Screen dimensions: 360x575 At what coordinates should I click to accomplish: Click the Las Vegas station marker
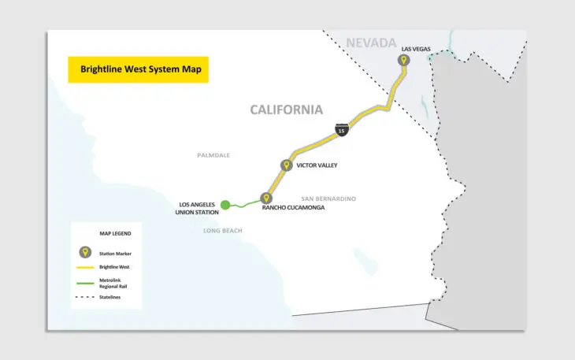click(x=404, y=61)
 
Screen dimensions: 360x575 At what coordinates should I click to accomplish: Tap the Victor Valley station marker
click(x=286, y=165)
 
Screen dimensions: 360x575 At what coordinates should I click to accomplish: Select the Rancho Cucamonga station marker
click(x=266, y=199)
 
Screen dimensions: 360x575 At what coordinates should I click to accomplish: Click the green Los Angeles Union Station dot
click(x=225, y=205)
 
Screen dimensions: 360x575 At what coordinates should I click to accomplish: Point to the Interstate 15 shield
click(x=341, y=130)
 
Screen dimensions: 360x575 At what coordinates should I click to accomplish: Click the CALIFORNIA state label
click(x=287, y=109)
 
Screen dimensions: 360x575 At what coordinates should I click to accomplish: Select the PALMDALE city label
click(x=213, y=155)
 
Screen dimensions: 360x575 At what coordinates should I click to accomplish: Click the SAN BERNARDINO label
click(x=329, y=199)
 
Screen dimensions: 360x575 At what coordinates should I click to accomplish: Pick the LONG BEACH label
click(x=223, y=231)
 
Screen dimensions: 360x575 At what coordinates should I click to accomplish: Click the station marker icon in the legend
click(x=84, y=253)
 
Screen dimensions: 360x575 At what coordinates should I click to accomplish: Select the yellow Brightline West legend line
click(x=84, y=268)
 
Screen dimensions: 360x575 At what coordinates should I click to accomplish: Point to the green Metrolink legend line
click(x=84, y=282)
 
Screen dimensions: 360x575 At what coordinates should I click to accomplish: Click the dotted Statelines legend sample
click(x=84, y=296)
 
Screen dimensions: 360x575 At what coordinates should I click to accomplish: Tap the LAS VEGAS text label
click(x=415, y=49)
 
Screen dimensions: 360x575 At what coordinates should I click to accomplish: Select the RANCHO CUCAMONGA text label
click(x=293, y=208)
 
